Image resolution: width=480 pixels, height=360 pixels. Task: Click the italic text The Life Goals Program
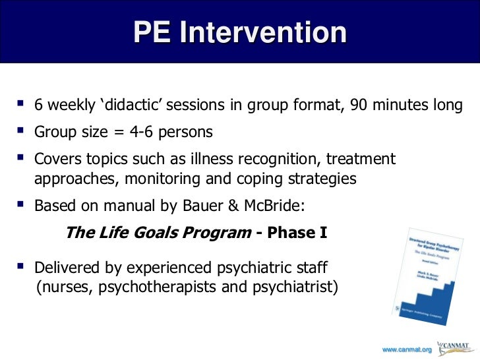[x=158, y=233]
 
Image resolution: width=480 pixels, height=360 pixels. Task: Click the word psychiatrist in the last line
[x=296, y=287]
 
